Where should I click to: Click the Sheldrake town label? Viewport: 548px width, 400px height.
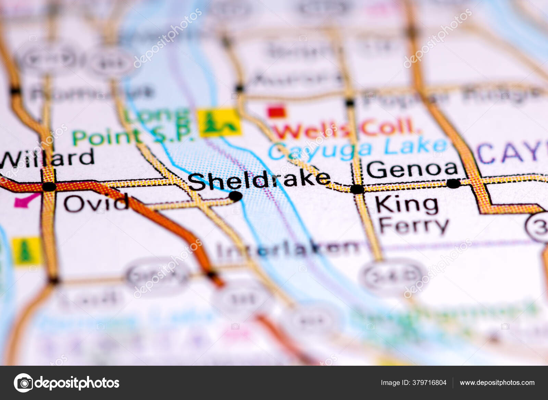click(259, 180)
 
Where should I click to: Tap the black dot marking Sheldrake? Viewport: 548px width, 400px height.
click(236, 196)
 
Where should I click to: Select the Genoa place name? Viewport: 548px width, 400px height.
click(412, 169)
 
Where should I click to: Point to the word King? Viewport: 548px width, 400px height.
click(407, 205)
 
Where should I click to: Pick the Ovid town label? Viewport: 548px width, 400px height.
click(96, 203)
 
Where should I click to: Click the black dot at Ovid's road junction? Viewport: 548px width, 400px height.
click(49, 187)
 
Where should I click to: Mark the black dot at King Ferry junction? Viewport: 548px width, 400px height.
click(357, 189)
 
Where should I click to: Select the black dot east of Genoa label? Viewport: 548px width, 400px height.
click(454, 183)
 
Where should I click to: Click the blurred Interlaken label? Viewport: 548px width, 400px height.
click(288, 249)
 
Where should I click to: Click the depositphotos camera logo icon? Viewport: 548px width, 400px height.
click(23, 383)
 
